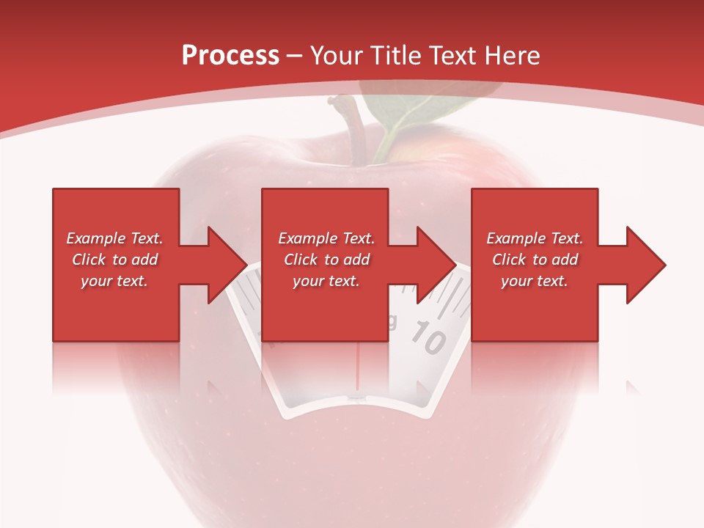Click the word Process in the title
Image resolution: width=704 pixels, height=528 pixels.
pos(230,56)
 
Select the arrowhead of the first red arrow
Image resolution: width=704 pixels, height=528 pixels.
pos(227,265)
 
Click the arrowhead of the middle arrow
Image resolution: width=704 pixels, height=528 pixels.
pos(436,265)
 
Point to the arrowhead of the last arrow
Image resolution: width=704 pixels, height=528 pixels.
pos(645,265)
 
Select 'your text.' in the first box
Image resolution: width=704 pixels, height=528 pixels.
pos(114,281)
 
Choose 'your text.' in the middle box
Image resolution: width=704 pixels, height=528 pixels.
pos(326,281)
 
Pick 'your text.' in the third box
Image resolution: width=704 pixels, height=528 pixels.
pos(535,281)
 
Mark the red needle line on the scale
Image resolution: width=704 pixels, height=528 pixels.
pos(357,370)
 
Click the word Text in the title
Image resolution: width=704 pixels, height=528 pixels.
pos(452,56)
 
